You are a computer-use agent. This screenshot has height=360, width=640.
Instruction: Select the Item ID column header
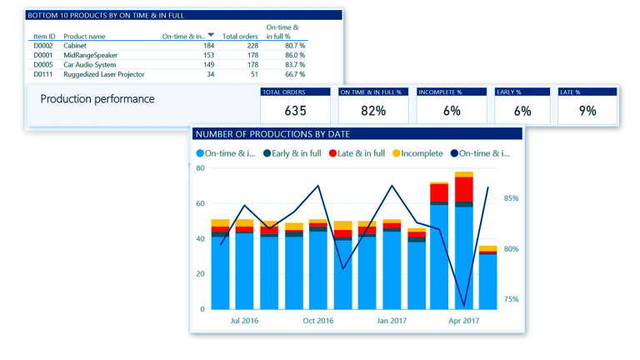44,37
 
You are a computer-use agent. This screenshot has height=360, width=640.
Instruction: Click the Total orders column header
240,37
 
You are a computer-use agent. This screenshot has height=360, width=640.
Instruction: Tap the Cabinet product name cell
75,46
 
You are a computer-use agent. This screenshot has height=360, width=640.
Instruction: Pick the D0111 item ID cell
43,74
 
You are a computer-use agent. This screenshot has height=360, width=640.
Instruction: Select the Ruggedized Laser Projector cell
104,74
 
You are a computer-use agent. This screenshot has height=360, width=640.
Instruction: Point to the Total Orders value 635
296,111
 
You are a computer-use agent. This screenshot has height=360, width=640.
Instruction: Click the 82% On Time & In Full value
373,111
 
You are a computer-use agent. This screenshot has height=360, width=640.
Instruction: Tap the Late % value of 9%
587,111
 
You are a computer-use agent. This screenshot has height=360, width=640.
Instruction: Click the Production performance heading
97,99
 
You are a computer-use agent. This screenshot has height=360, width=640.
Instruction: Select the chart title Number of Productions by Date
272,133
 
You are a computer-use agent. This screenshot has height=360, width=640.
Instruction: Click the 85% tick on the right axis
511,198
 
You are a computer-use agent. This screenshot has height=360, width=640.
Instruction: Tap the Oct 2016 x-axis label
317,320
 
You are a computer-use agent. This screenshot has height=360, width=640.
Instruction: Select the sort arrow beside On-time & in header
211,35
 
